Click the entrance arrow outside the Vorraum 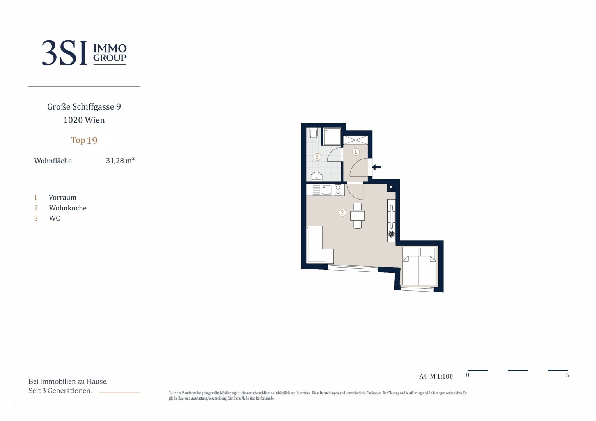(x=377, y=167)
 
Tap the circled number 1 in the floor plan (x=356, y=152)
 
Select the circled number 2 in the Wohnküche (x=342, y=212)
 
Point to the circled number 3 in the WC (x=317, y=157)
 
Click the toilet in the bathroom (x=314, y=133)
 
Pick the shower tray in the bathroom (x=332, y=136)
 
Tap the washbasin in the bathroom (x=316, y=176)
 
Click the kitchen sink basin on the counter (x=326, y=190)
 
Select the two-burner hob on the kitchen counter (x=338, y=190)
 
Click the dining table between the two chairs (x=357, y=216)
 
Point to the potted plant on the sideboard (x=391, y=234)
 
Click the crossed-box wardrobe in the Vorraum (x=355, y=140)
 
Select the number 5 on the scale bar (x=568, y=375)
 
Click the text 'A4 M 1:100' (x=436, y=376)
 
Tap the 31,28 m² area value (x=120, y=160)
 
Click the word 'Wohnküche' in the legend (x=67, y=208)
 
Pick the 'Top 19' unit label (x=84, y=140)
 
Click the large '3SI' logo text (x=64, y=53)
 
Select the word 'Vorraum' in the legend (x=62, y=198)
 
